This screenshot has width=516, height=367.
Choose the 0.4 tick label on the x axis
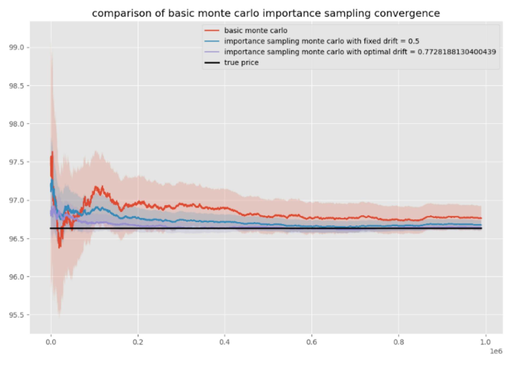point(225,342)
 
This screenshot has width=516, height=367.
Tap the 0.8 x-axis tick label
point(399,342)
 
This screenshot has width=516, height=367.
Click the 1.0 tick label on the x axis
point(485,342)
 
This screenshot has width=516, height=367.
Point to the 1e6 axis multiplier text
point(496,351)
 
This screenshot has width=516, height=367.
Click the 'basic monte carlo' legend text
point(256,31)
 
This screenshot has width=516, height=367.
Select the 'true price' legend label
point(241,63)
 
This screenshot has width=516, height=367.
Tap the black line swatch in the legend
point(212,63)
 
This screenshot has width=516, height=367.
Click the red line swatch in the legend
point(212,31)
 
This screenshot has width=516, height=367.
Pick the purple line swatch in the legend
point(212,52)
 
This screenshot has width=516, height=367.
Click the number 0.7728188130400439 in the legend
point(457,52)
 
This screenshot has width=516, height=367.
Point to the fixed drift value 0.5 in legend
point(414,41)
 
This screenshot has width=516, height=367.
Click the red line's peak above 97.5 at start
point(52,152)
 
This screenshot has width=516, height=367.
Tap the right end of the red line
point(481,218)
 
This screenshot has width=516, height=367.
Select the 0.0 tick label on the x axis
point(51,342)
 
